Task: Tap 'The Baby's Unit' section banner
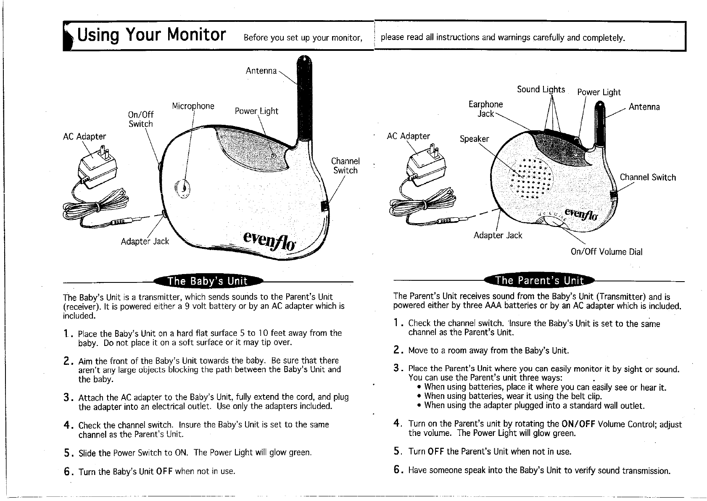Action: click(x=208, y=281)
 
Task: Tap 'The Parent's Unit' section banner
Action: click(x=539, y=280)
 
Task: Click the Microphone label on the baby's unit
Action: click(x=193, y=106)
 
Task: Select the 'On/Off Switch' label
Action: click(x=141, y=119)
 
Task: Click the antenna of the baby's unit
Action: click(x=303, y=101)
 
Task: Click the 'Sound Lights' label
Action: click(x=541, y=89)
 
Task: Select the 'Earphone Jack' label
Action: click(x=485, y=109)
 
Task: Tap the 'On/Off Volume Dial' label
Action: click(x=606, y=252)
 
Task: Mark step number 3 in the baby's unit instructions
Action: click(x=66, y=397)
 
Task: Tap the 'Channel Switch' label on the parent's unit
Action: click(x=648, y=177)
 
